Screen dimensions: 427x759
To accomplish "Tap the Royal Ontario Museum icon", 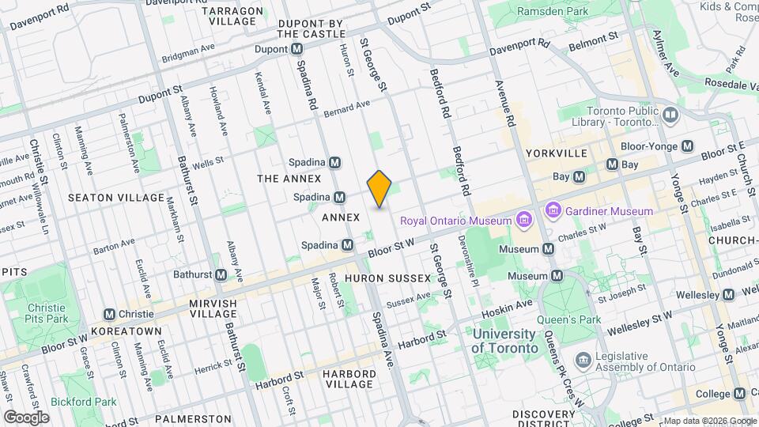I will point(523,218).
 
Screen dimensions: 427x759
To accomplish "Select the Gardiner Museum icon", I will point(553,211).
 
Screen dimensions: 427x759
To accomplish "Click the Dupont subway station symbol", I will point(297,49).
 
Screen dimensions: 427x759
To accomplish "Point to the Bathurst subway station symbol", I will point(222,274).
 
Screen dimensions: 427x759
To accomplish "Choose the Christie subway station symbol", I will point(109,314).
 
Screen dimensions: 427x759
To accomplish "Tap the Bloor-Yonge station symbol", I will point(687,146).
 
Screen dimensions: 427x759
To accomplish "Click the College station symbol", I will point(739,394).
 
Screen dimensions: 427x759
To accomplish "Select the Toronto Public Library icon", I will point(670,116).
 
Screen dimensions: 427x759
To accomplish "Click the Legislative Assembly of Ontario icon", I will point(583,361).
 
